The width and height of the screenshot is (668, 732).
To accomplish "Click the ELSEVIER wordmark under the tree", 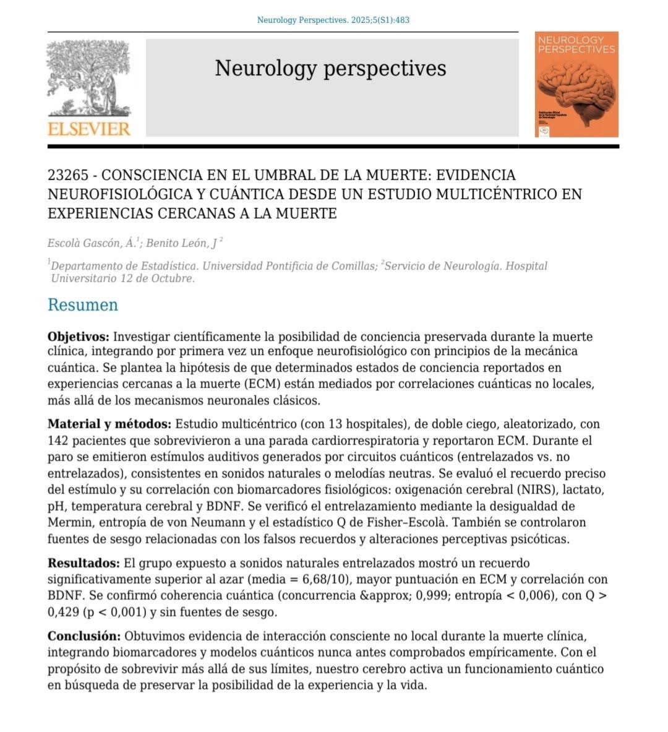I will pos(89,129).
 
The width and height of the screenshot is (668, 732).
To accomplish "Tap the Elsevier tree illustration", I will pos(89,77).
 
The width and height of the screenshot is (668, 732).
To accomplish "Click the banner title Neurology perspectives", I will pos(330,68).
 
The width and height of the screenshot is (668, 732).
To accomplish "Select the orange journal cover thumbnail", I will pos(576,84).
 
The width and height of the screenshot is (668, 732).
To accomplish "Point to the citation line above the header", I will pos(333,20).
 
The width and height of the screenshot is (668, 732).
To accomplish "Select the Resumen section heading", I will pos(82,305).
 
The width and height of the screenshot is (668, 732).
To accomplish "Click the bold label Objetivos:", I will pos(78,337).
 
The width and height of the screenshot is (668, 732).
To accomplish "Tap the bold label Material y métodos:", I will pos(109,424).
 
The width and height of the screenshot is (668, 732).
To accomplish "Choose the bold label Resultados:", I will pos(83,563).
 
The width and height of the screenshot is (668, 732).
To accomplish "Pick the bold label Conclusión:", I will pos(83,636).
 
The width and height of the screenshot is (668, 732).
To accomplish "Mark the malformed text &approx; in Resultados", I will pos(330,596).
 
